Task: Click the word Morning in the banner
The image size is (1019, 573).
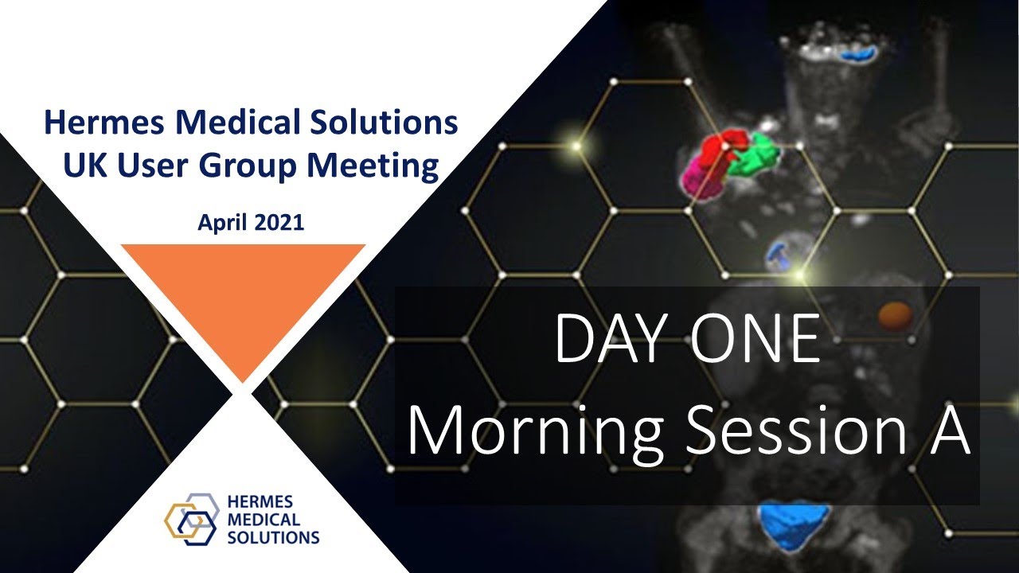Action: (x=534, y=431)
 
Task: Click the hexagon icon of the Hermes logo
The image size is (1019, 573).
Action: (x=190, y=519)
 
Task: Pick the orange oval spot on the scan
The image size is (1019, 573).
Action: (x=895, y=314)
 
